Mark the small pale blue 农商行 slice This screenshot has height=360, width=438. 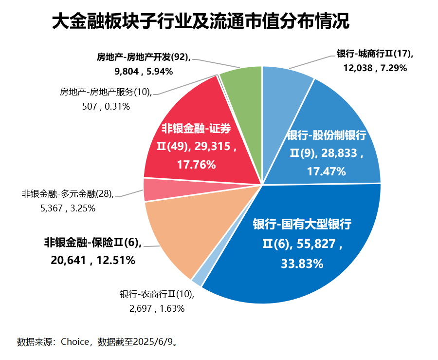pos(197,280)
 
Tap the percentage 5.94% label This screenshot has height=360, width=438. pos(157,72)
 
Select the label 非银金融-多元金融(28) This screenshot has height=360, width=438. pos(68,194)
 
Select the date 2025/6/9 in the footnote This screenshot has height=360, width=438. pos(156,341)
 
